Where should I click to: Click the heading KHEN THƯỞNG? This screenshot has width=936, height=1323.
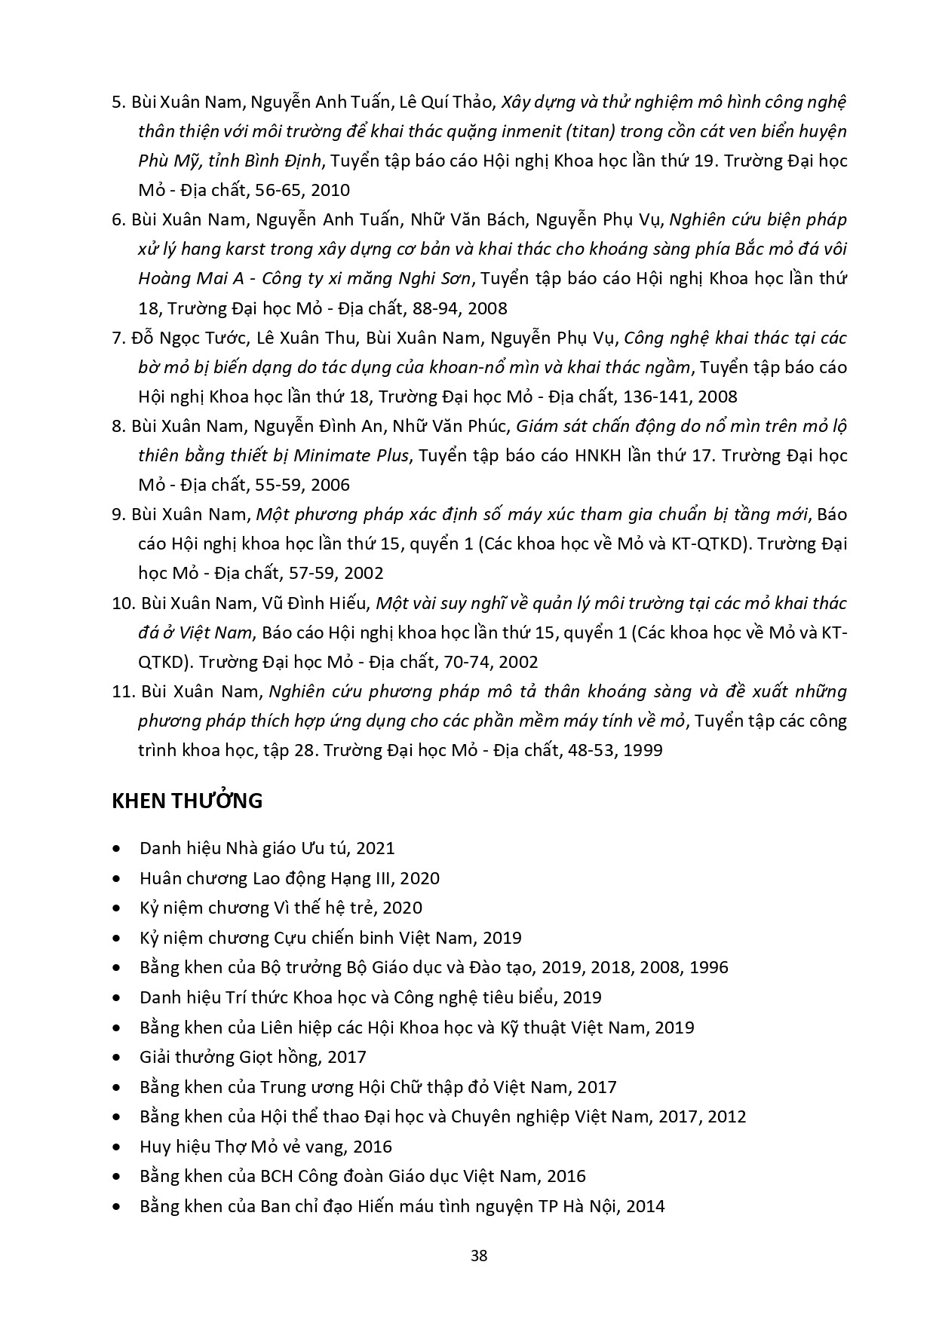187,801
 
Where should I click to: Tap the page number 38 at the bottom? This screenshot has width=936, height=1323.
478,1256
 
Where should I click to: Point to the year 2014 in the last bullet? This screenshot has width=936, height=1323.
645,1206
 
